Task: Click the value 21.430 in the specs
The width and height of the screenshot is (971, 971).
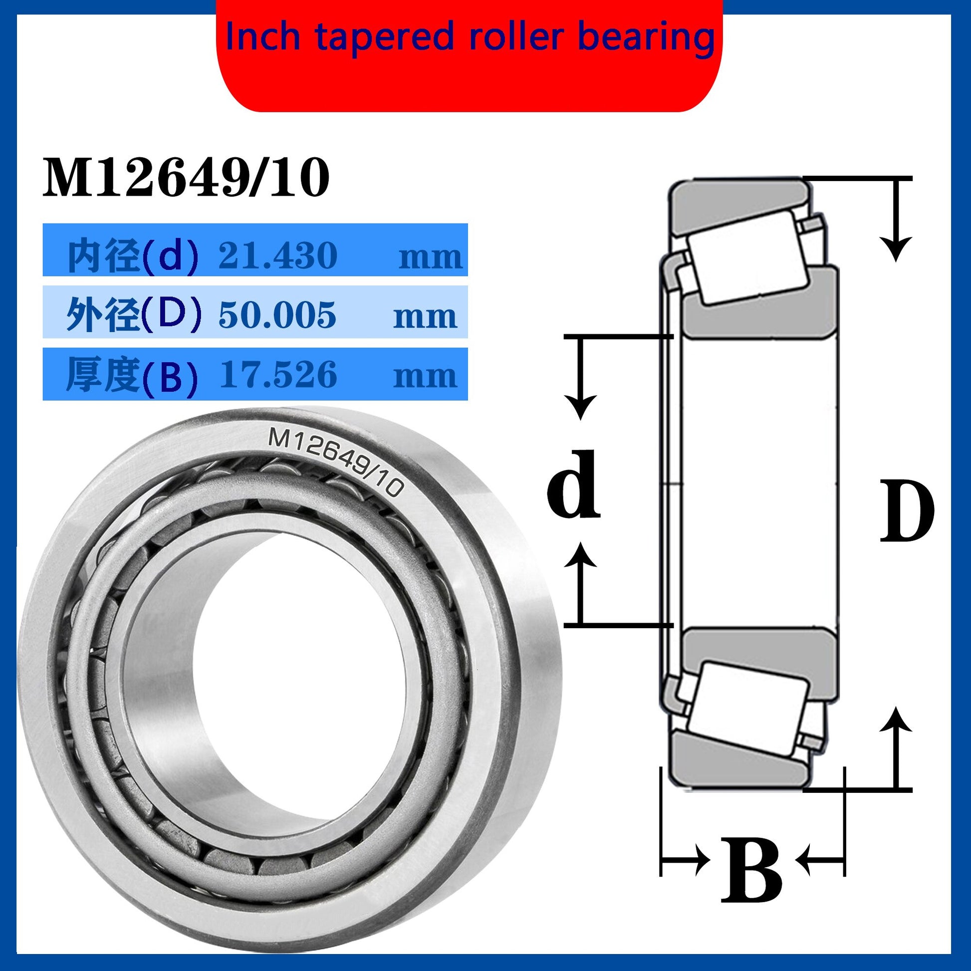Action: (277, 255)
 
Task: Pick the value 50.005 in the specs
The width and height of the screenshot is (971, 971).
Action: (277, 316)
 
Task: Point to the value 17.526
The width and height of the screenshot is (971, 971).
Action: (277, 375)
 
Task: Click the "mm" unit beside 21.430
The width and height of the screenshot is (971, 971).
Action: (430, 258)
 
